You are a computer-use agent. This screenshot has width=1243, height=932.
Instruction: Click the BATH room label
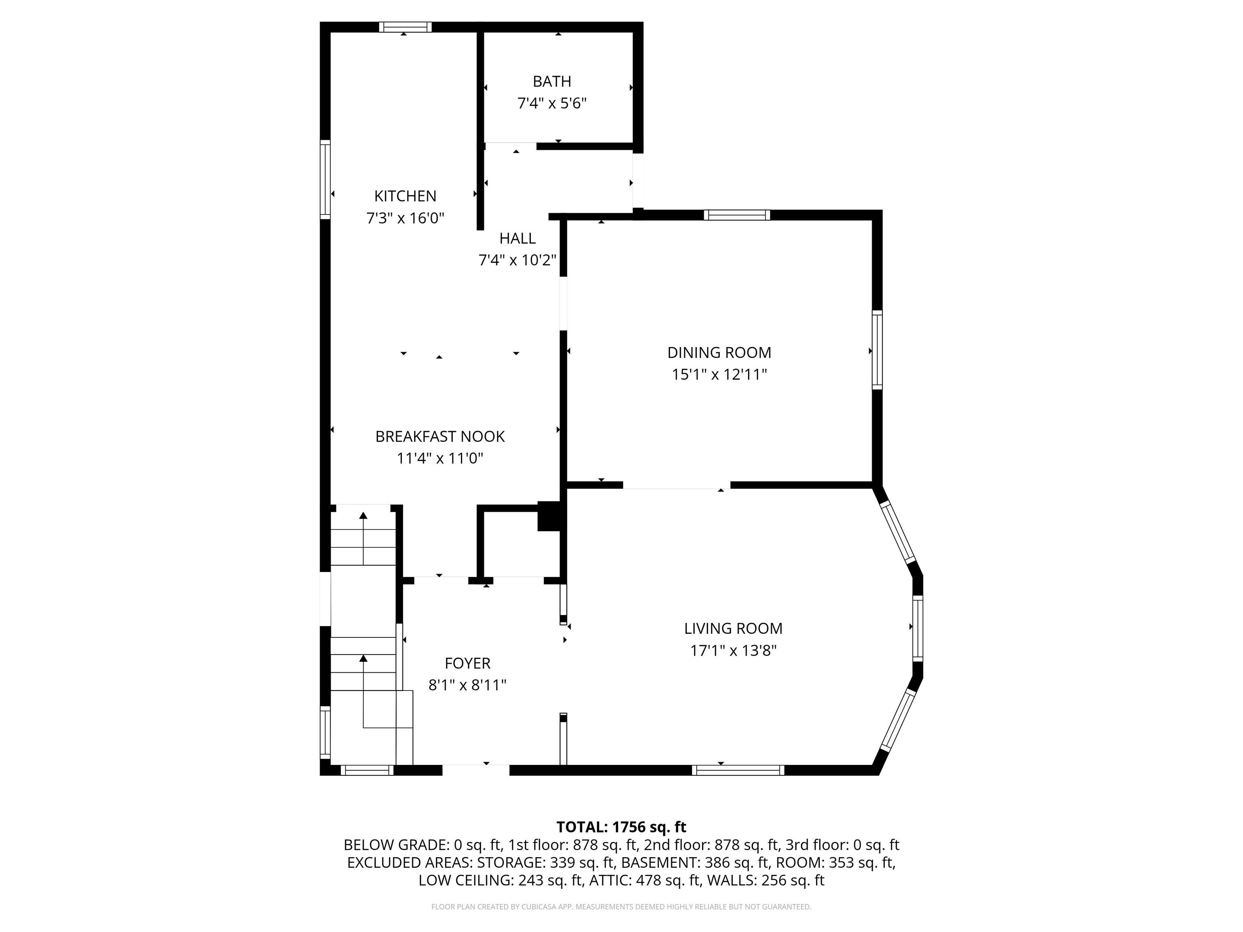pyautogui.click(x=552, y=81)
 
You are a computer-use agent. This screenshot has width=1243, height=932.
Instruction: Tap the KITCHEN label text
pyautogui.click(x=405, y=196)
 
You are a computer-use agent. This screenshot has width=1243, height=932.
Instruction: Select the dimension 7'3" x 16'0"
pyautogui.click(x=405, y=218)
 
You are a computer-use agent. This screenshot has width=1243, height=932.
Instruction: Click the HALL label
pyautogui.click(x=517, y=238)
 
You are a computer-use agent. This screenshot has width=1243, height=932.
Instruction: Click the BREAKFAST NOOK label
pyautogui.click(x=440, y=436)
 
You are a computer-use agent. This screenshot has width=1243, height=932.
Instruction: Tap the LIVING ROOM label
pyautogui.click(x=733, y=628)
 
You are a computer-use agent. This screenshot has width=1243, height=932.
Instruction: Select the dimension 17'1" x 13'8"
pyautogui.click(x=733, y=650)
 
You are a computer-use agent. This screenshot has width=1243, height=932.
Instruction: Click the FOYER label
pyautogui.click(x=467, y=663)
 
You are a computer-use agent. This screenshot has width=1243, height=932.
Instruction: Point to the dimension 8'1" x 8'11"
pyautogui.click(x=467, y=685)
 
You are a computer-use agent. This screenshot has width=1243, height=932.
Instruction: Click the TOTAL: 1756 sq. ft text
pyautogui.click(x=621, y=827)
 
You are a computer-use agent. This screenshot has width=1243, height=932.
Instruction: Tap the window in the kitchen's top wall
pyautogui.click(x=405, y=27)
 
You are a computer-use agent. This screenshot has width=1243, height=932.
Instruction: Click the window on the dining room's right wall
pyautogui.click(x=877, y=349)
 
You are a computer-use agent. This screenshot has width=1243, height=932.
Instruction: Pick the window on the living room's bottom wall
pyautogui.click(x=738, y=770)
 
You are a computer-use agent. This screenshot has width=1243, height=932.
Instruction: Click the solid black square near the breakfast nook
pyautogui.click(x=549, y=516)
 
